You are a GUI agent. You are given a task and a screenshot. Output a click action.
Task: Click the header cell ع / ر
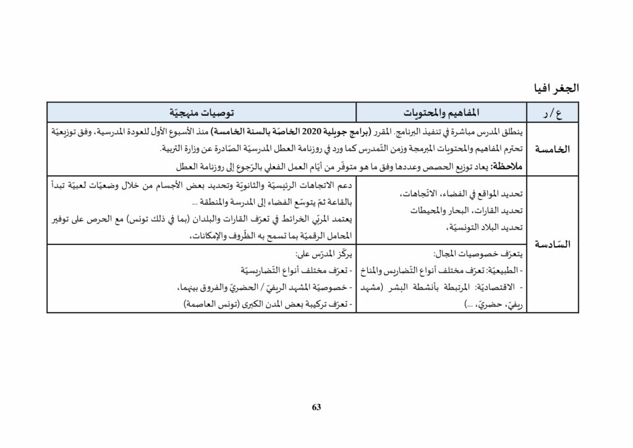tap(552, 113)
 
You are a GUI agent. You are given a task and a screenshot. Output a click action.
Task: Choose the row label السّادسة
tap(551, 244)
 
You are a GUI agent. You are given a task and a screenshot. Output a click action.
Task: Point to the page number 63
tap(316, 407)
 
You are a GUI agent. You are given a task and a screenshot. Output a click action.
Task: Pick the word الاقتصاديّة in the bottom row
tap(495, 288)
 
